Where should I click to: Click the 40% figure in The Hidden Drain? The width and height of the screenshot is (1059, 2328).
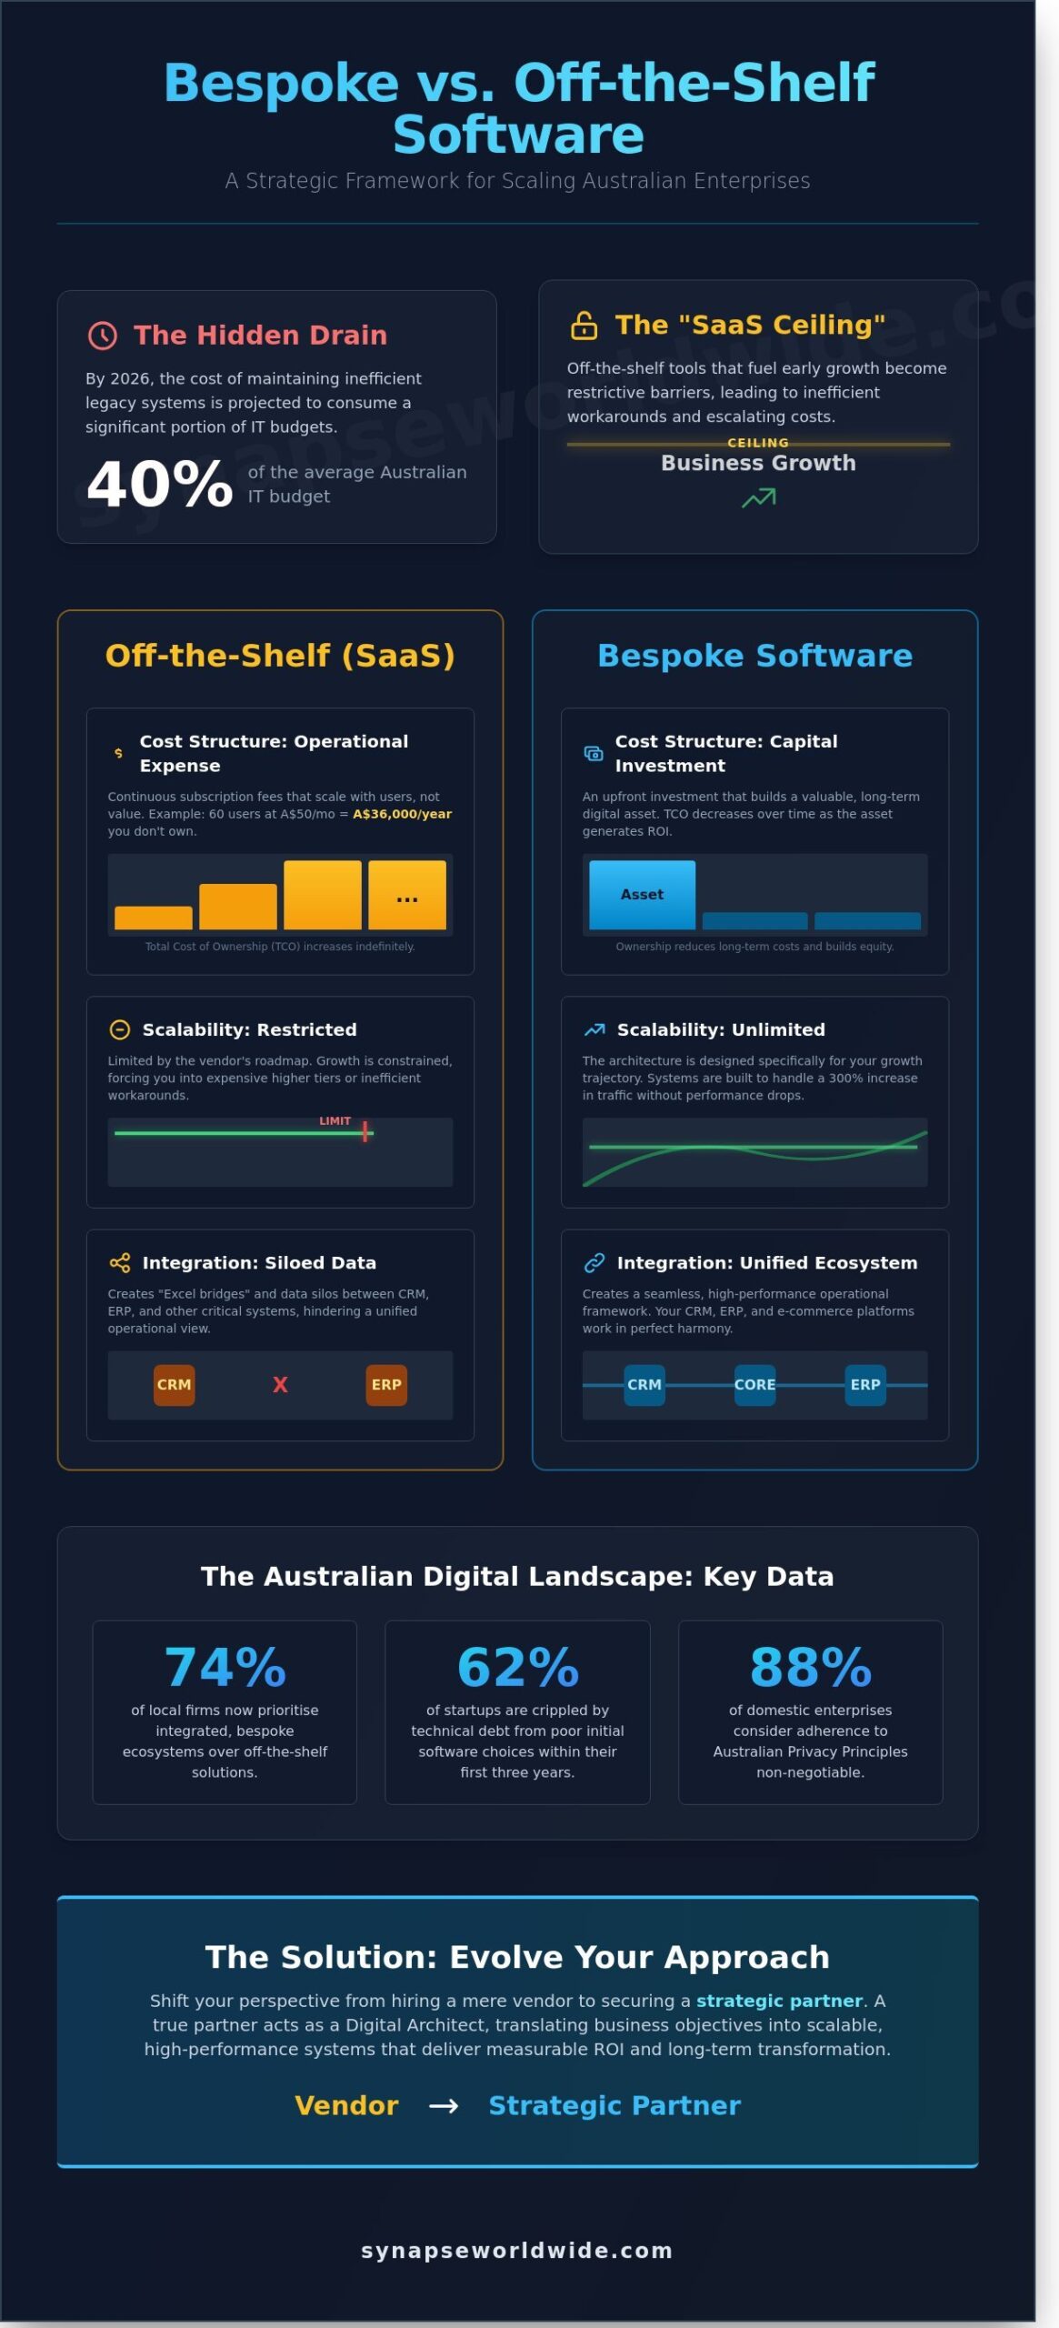pyautogui.click(x=160, y=484)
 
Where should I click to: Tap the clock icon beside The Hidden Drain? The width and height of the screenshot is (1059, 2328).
pyautogui.click(x=103, y=336)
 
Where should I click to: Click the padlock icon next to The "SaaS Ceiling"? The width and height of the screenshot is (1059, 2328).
pyautogui.click(x=584, y=326)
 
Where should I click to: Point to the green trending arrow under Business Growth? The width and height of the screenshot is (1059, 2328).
pyautogui.click(x=758, y=497)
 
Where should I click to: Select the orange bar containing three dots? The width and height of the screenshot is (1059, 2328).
pyautogui.click(x=407, y=895)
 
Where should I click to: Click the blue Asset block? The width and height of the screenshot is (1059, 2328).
pyautogui.click(x=642, y=895)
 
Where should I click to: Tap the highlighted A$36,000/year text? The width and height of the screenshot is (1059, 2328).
pyautogui.click(x=402, y=814)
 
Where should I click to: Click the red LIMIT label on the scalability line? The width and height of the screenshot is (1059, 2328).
pyautogui.click(x=335, y=1121)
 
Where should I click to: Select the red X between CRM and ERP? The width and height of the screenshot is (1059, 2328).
pyautogui.click(x=280, y=1385)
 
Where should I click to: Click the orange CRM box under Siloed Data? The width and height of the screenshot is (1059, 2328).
pyautogui.click(x=174, y=1385)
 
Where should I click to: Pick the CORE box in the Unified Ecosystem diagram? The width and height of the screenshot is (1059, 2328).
pyautogui.click(x=754, y=1385)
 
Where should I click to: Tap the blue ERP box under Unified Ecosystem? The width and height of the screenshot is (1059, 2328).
pyautogui.click(x=864, y=1385)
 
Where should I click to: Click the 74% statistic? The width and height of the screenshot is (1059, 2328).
pyautogui.click(x=225, y=1668)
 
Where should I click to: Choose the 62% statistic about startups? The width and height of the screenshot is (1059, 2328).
pyautogui.click(x=517, y=1668)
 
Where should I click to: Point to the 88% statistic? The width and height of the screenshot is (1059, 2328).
pyautogui.click(x=810, y=1668)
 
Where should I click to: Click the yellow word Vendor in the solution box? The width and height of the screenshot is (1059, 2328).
pyautogui.click(x=346, y=2105)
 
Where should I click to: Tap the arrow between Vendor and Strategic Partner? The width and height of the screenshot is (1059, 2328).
pyautogui.click(x=444, y=2106)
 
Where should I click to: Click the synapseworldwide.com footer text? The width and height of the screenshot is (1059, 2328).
pyautogui.click(x=517, y=2251)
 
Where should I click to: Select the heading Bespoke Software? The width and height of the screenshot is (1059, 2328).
pyautogui.click(x=754, y=656)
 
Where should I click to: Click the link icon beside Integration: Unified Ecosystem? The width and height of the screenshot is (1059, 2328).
pyautogui.click(x=594, y=1263)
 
